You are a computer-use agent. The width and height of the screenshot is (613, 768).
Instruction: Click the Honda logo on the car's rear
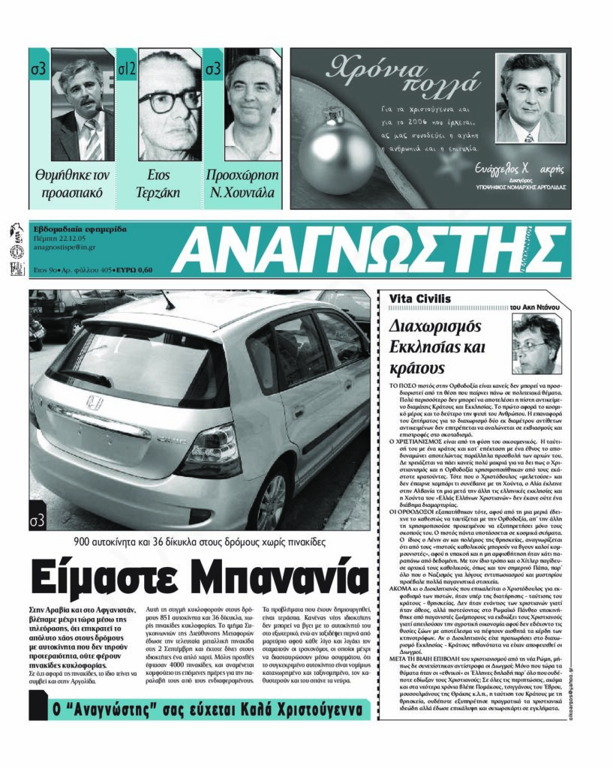pos(94,403)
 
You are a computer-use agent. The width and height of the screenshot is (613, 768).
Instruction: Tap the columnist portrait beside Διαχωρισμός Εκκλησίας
pos(536,343)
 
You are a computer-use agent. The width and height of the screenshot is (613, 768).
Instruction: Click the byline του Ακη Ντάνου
pos(535,307)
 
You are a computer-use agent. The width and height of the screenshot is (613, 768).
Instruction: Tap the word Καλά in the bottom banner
pos(245,709)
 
